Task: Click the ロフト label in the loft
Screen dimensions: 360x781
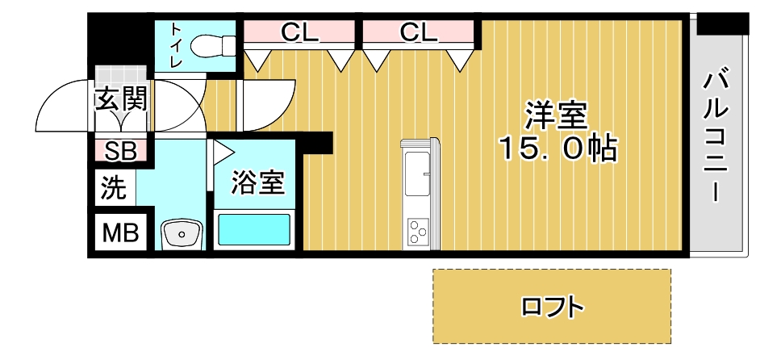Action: tap(552, 307)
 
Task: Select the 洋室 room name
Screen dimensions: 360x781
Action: tap(554, 115)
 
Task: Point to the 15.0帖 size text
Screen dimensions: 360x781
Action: tap(557, 149)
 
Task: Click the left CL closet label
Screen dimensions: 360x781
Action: tap(300, 32)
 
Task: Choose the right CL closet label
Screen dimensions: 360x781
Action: tap(418, 32)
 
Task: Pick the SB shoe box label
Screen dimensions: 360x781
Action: tap(121, 151)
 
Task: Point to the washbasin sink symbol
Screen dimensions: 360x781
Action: tap(183, 234)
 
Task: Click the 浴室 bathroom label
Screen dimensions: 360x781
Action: tap(257, 182)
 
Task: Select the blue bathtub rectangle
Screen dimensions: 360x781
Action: tap(255, 230)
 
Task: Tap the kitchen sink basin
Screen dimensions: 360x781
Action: tap(417, 174)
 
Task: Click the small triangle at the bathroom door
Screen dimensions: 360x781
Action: tap(221, 151)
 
